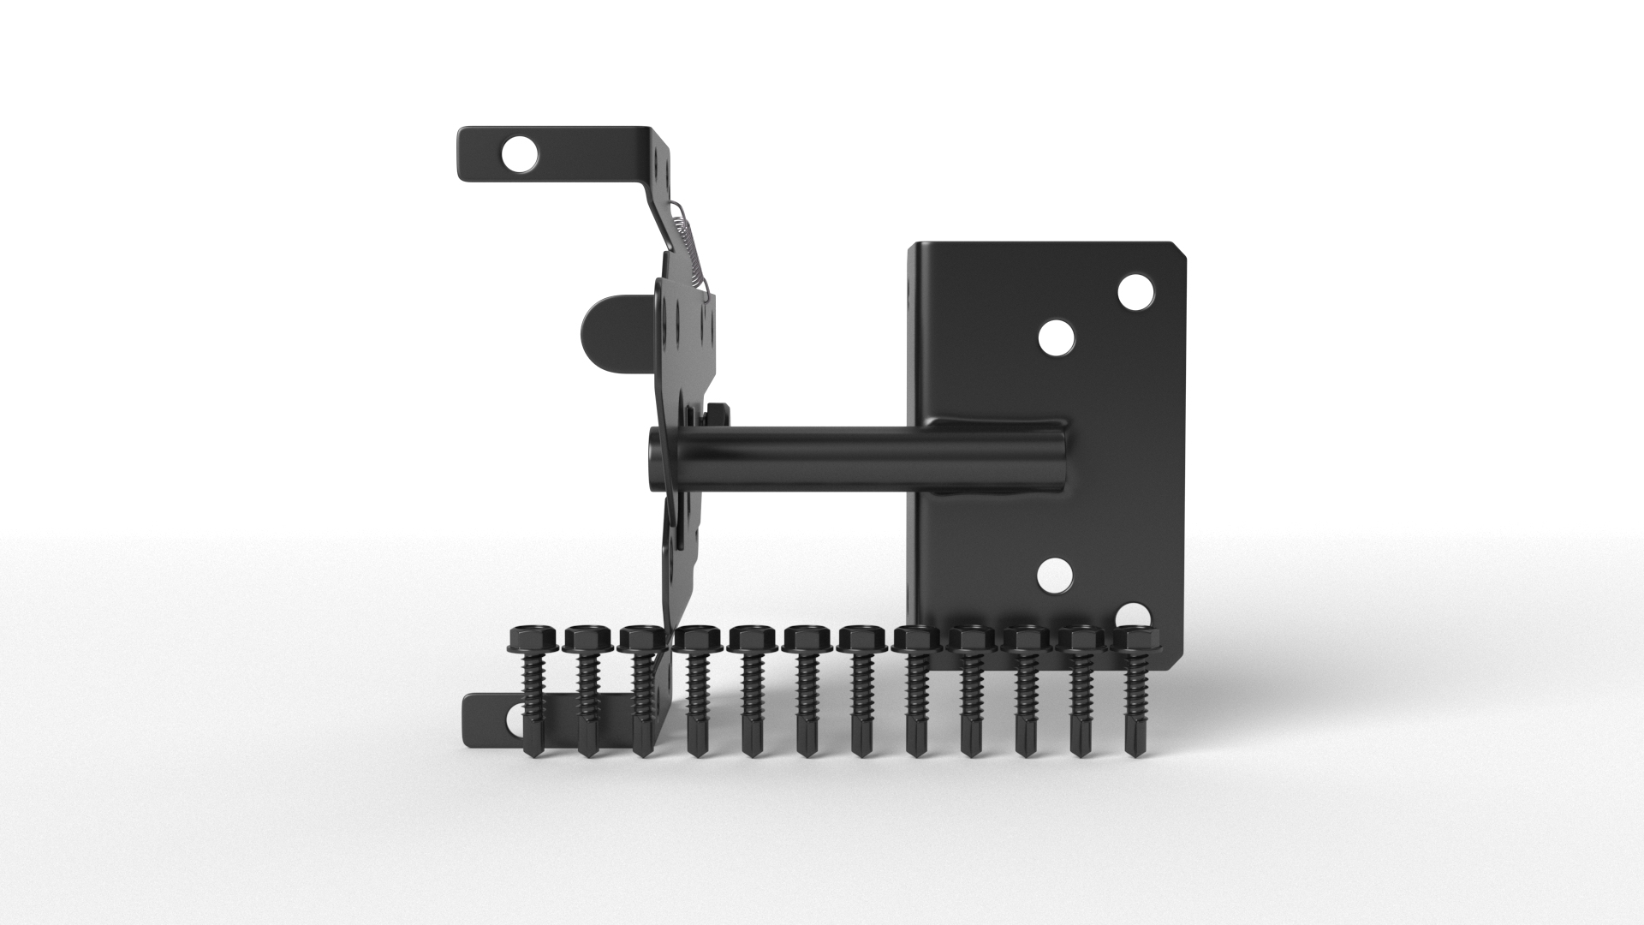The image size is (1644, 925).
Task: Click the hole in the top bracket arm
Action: click(520, 155)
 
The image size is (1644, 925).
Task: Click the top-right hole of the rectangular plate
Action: click(1135, 292)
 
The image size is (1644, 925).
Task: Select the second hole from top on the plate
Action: click(1057, 337)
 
